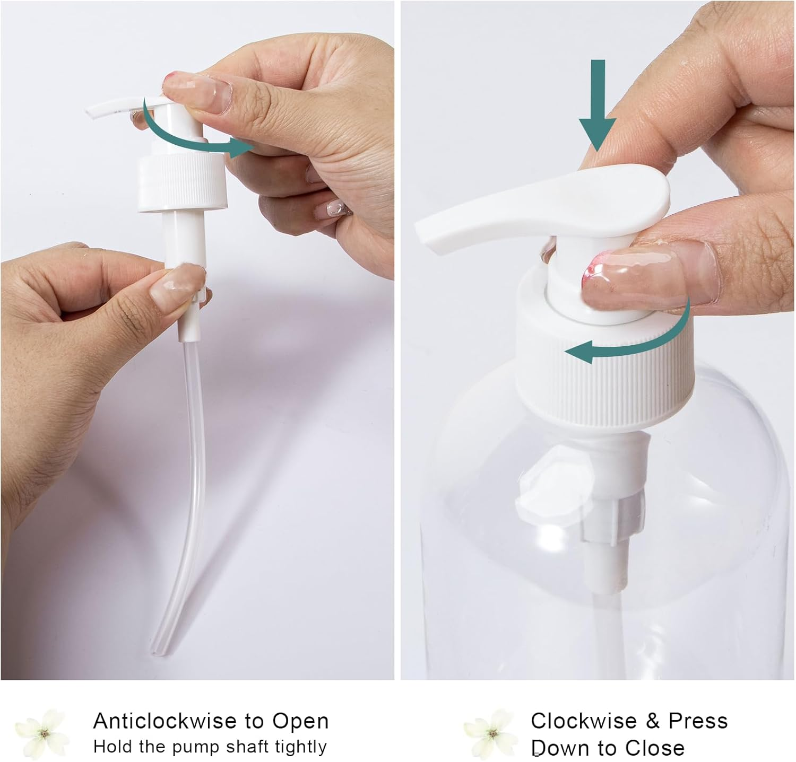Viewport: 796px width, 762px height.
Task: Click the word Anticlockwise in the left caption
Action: tap(165, 721)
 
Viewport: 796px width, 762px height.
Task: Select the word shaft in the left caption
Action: tap(248, 747)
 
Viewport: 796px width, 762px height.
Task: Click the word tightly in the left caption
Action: tap(300, 747)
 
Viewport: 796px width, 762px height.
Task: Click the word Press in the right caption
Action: tap(698, 721)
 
